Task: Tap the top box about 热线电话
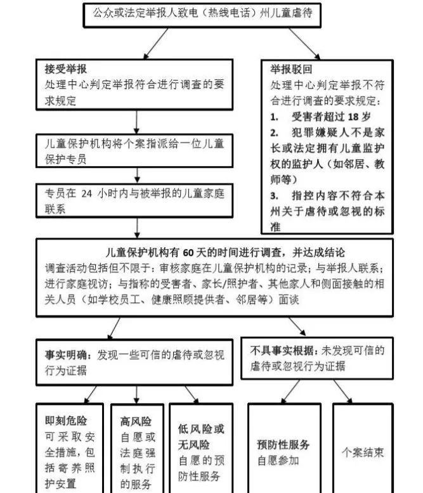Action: coord(202,13)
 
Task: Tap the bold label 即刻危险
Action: coord(65,420)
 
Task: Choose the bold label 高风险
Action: coord(135,420)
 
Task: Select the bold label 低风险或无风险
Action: coord(201,436)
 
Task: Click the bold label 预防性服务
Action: coord(283,444)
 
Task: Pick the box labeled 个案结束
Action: coord(363,452)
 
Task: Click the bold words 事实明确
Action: coord(65,356)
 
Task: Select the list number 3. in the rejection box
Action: coord(274,196)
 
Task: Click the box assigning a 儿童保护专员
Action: coord(135,151)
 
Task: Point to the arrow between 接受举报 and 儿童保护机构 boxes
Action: coord(137,121)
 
